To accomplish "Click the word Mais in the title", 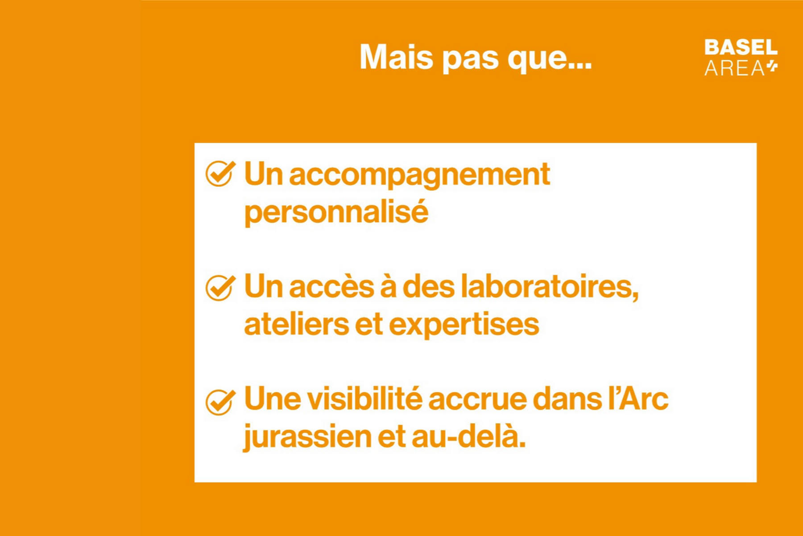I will click(x=396, y=57).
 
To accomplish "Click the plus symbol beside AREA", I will click(x=772, y=67).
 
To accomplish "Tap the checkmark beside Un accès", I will click(x=219, y=287).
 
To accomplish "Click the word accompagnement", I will click(x=419, y=175).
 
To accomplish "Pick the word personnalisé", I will click(x=336, y=213).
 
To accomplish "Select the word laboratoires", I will click(x=549, y=287).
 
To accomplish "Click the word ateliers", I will click(x=296, y=324).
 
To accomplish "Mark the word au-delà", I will click(x=468, y=437).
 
